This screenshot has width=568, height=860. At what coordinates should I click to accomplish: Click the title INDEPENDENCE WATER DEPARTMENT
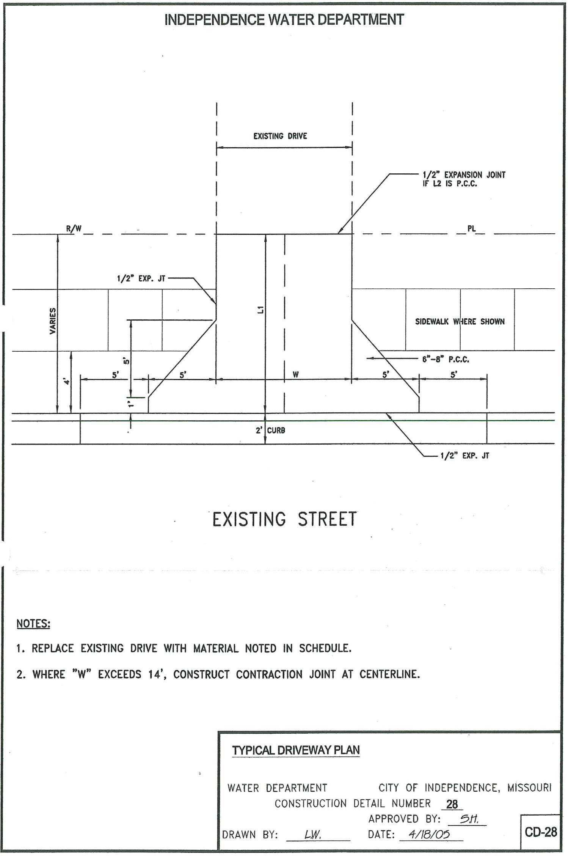[284, 20]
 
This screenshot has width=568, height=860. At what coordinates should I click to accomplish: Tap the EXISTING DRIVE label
[280, 136]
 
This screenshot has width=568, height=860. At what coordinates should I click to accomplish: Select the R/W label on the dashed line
[74, 228]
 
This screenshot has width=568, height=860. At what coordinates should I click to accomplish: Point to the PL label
[471, 229]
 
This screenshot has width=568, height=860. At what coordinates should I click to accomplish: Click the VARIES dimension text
[53, 321]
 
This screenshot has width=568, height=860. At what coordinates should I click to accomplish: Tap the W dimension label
[295, 374]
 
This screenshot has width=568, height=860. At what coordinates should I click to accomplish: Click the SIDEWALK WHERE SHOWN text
[460, 322]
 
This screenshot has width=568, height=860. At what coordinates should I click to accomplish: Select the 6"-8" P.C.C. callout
[446, 359]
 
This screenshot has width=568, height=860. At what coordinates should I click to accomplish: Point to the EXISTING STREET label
[284, 519]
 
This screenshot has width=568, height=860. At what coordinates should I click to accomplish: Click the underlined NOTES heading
[33, 624]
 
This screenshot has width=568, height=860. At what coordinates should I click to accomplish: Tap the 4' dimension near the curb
[67, 381]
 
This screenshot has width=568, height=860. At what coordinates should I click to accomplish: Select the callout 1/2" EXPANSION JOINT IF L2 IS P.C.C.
[464, 179]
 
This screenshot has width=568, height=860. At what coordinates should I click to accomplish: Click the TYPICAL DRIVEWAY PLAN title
[296, 750]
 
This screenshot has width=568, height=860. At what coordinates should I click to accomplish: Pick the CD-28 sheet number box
[541, 832]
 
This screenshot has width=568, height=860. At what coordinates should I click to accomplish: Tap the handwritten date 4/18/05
[429, 834]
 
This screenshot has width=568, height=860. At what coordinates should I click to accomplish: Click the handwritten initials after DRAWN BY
[313, 835]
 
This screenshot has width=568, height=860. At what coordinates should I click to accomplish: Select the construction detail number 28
[452, 804]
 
